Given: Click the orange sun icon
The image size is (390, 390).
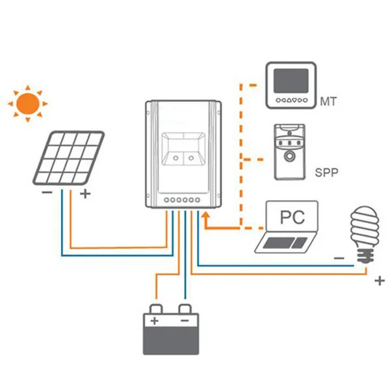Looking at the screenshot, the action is tap(27, 103).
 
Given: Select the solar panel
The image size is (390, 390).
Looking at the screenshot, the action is tap(69, 158).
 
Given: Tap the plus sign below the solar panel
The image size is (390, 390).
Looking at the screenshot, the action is tap(85, 194).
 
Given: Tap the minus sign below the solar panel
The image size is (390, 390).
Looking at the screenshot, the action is tap(47, 192).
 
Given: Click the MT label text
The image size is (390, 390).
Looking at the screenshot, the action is tap(328, 101).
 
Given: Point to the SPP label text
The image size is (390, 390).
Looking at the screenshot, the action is tap(326, 172).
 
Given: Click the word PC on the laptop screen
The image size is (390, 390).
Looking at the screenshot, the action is tap(292, 217).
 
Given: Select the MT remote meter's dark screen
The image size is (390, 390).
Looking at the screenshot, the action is tap(291, 81).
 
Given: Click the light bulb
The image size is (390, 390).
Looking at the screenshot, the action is tap(365, 234).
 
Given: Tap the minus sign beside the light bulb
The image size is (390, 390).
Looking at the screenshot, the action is tap(339, 258).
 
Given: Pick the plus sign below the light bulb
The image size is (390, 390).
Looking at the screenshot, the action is tap(380, 281).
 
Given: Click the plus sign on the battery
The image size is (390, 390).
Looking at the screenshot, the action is tap(155, 320).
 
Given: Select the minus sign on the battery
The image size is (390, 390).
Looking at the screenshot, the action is tap(185, 320).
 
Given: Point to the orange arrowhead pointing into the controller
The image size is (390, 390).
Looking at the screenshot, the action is tap(205, 215).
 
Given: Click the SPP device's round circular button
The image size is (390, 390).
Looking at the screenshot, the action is tap(289, 157).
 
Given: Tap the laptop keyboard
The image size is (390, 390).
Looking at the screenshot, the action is tap(285, 242).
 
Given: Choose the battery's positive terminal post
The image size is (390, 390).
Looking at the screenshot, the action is tap(156, 309).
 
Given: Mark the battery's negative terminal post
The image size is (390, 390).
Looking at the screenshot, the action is tap(185, 309).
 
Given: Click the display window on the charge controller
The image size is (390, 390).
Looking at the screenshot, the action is tap(184, 149).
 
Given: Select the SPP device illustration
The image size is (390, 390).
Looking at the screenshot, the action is tap(290, 152).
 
